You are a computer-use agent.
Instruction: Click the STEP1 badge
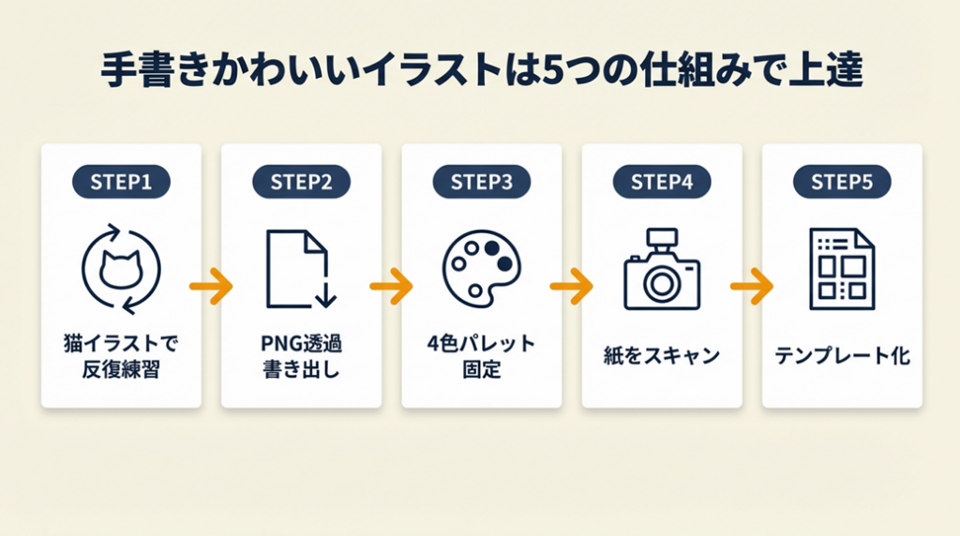pyautogui.click(x=121, y=182)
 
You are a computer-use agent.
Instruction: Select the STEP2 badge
pyautogui.click(x=301, y=182)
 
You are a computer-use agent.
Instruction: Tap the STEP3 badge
pyautogui.click(x=482, y=182)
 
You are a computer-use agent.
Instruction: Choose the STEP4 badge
pyautogui.click(x=662, y=182)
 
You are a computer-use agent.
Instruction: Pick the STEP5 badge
pyautogui.click(x=842, y=182)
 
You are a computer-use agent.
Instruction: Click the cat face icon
pyautogui.click(x=121, y=270)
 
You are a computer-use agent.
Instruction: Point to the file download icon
pyautogui.click(x=300, y=270)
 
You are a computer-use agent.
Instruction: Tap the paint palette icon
pyautogui.click(x=481, y=269)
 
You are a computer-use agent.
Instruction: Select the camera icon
pyautogui.click(x=661, y=271)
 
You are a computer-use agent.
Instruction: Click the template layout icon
pyautogui.click(x=841, y=270)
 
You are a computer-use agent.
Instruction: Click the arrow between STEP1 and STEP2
pyautogui.click(x=211, y=286)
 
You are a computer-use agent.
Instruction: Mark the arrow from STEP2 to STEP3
pyautogui.click(x=391, y=286)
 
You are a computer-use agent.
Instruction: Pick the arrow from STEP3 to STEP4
pyautogui.click(x=571, y=286)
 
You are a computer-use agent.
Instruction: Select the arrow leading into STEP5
pyautogui.click(x=751, y=286)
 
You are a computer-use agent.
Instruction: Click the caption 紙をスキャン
pyautogui.click(x=662, y=356)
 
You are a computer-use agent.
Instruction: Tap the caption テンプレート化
pyautogui.click(x=842, y=356)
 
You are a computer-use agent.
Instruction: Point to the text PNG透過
pyautogui.click(x=301, y=343)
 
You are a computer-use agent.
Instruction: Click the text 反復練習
pyautogui.click(x=121, y=369)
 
